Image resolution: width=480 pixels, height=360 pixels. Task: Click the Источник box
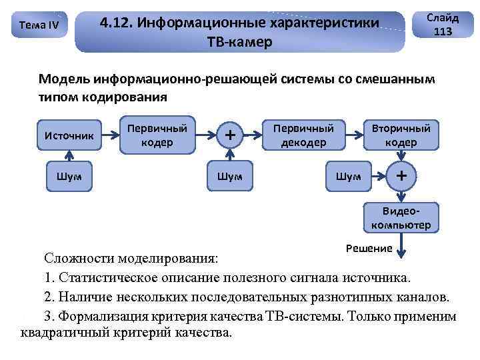click(x=69, y=135)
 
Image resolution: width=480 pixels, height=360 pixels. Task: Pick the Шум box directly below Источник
click(x=69, y=176)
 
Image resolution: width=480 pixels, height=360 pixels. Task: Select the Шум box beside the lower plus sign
click(x=349, y=176)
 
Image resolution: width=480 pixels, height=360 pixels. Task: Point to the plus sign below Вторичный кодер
click(x=401, y=176)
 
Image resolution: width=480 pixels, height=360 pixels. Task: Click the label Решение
click(x=369, y=249)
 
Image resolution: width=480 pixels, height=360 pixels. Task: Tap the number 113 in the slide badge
click(x=442, y=32)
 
